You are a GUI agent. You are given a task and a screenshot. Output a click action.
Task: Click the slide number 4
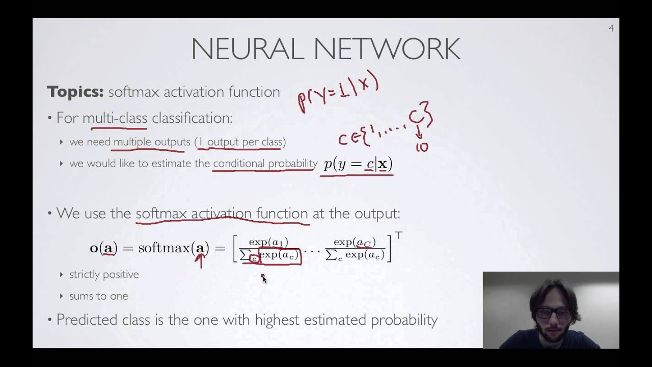pyautogui.click(x=611, y=29)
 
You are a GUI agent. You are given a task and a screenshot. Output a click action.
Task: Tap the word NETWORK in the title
pyautogui.click(x=387, y=49)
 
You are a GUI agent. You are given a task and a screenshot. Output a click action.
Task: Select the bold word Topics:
pyautogui.click(x=75, y=92)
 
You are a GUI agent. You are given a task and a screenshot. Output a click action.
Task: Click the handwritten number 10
pyautogui.click(x=422, y=148)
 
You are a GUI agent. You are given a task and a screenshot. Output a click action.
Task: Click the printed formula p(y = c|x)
pyautogui.click(x=358, y=165)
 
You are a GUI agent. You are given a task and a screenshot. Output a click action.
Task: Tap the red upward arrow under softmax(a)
pyautogui.click(x=200, y=260)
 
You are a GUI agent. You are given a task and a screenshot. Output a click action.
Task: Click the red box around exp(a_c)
pyautogui.click(x=280, y=256)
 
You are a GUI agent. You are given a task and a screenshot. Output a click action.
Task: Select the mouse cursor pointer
pyautogui.click(x=264, y=279)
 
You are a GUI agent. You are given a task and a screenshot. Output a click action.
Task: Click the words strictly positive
pyautogui.click(x=104, y=275)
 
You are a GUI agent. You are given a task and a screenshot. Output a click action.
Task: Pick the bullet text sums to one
pyautogui.click(x=99, y=296)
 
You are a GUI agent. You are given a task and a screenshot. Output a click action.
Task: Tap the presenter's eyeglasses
pyautogui.click(x=554, y=313)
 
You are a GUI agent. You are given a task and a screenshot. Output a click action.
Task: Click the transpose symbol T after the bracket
pyautogui.click(x=398, y=235)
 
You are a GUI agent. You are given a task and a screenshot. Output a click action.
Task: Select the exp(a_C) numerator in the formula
pyautogui.click(x=355, y=243)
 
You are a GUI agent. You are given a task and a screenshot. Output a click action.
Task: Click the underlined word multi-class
pyautogui.click(x=115, y=118)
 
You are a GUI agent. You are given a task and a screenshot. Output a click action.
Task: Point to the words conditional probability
pyautogui.click(x=265, y=164)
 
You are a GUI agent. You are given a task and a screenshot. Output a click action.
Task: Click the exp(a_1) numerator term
pyautogui.click(x=268, y=243)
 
